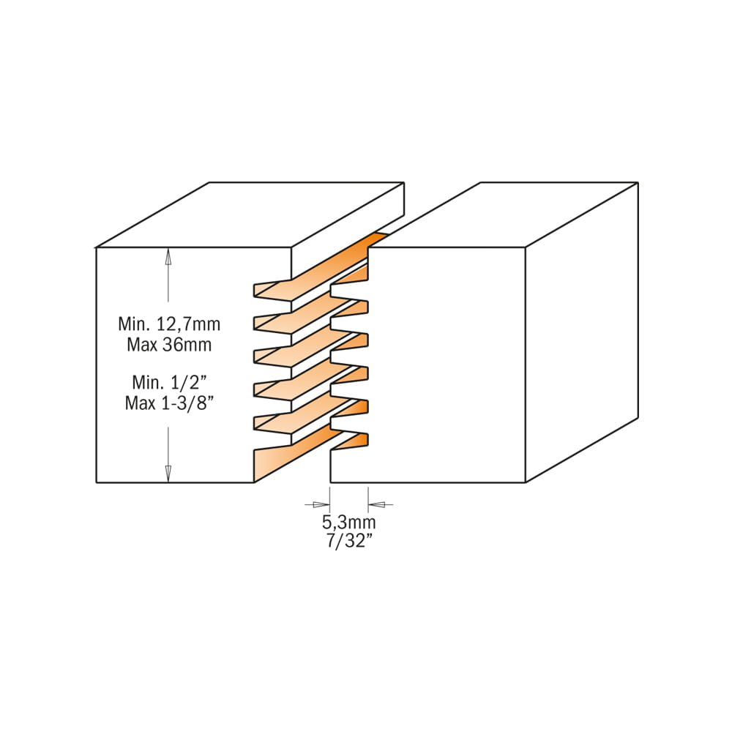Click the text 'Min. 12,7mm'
pyautogui.click(x=169, y=324)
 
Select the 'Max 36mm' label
pyautogui.click(x=169, y=345)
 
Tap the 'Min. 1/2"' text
pyautogui.click(x=169, y=382)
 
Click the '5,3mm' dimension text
pyautogui.click(x=348, y=522)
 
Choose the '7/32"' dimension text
pyautogui.click(x=348, y=541)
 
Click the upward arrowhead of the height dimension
pyautogui.click(x=168, y=257)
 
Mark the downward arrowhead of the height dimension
pyautogui.click(x=168, y=474)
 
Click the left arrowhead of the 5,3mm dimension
pyautogui.click(x=321, y=504)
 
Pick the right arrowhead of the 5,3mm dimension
pyautogui.click(x=377, y=504)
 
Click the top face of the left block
pyautogui.click(x=250, y=214)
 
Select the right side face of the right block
pyautogui.click(x=582, y=332)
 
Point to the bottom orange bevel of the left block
pyautogui.click(x=296, y=455)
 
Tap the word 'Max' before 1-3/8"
pyautogui.click(x=140, y=403)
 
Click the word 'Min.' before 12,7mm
pyautogui.click(x=133, y=324)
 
